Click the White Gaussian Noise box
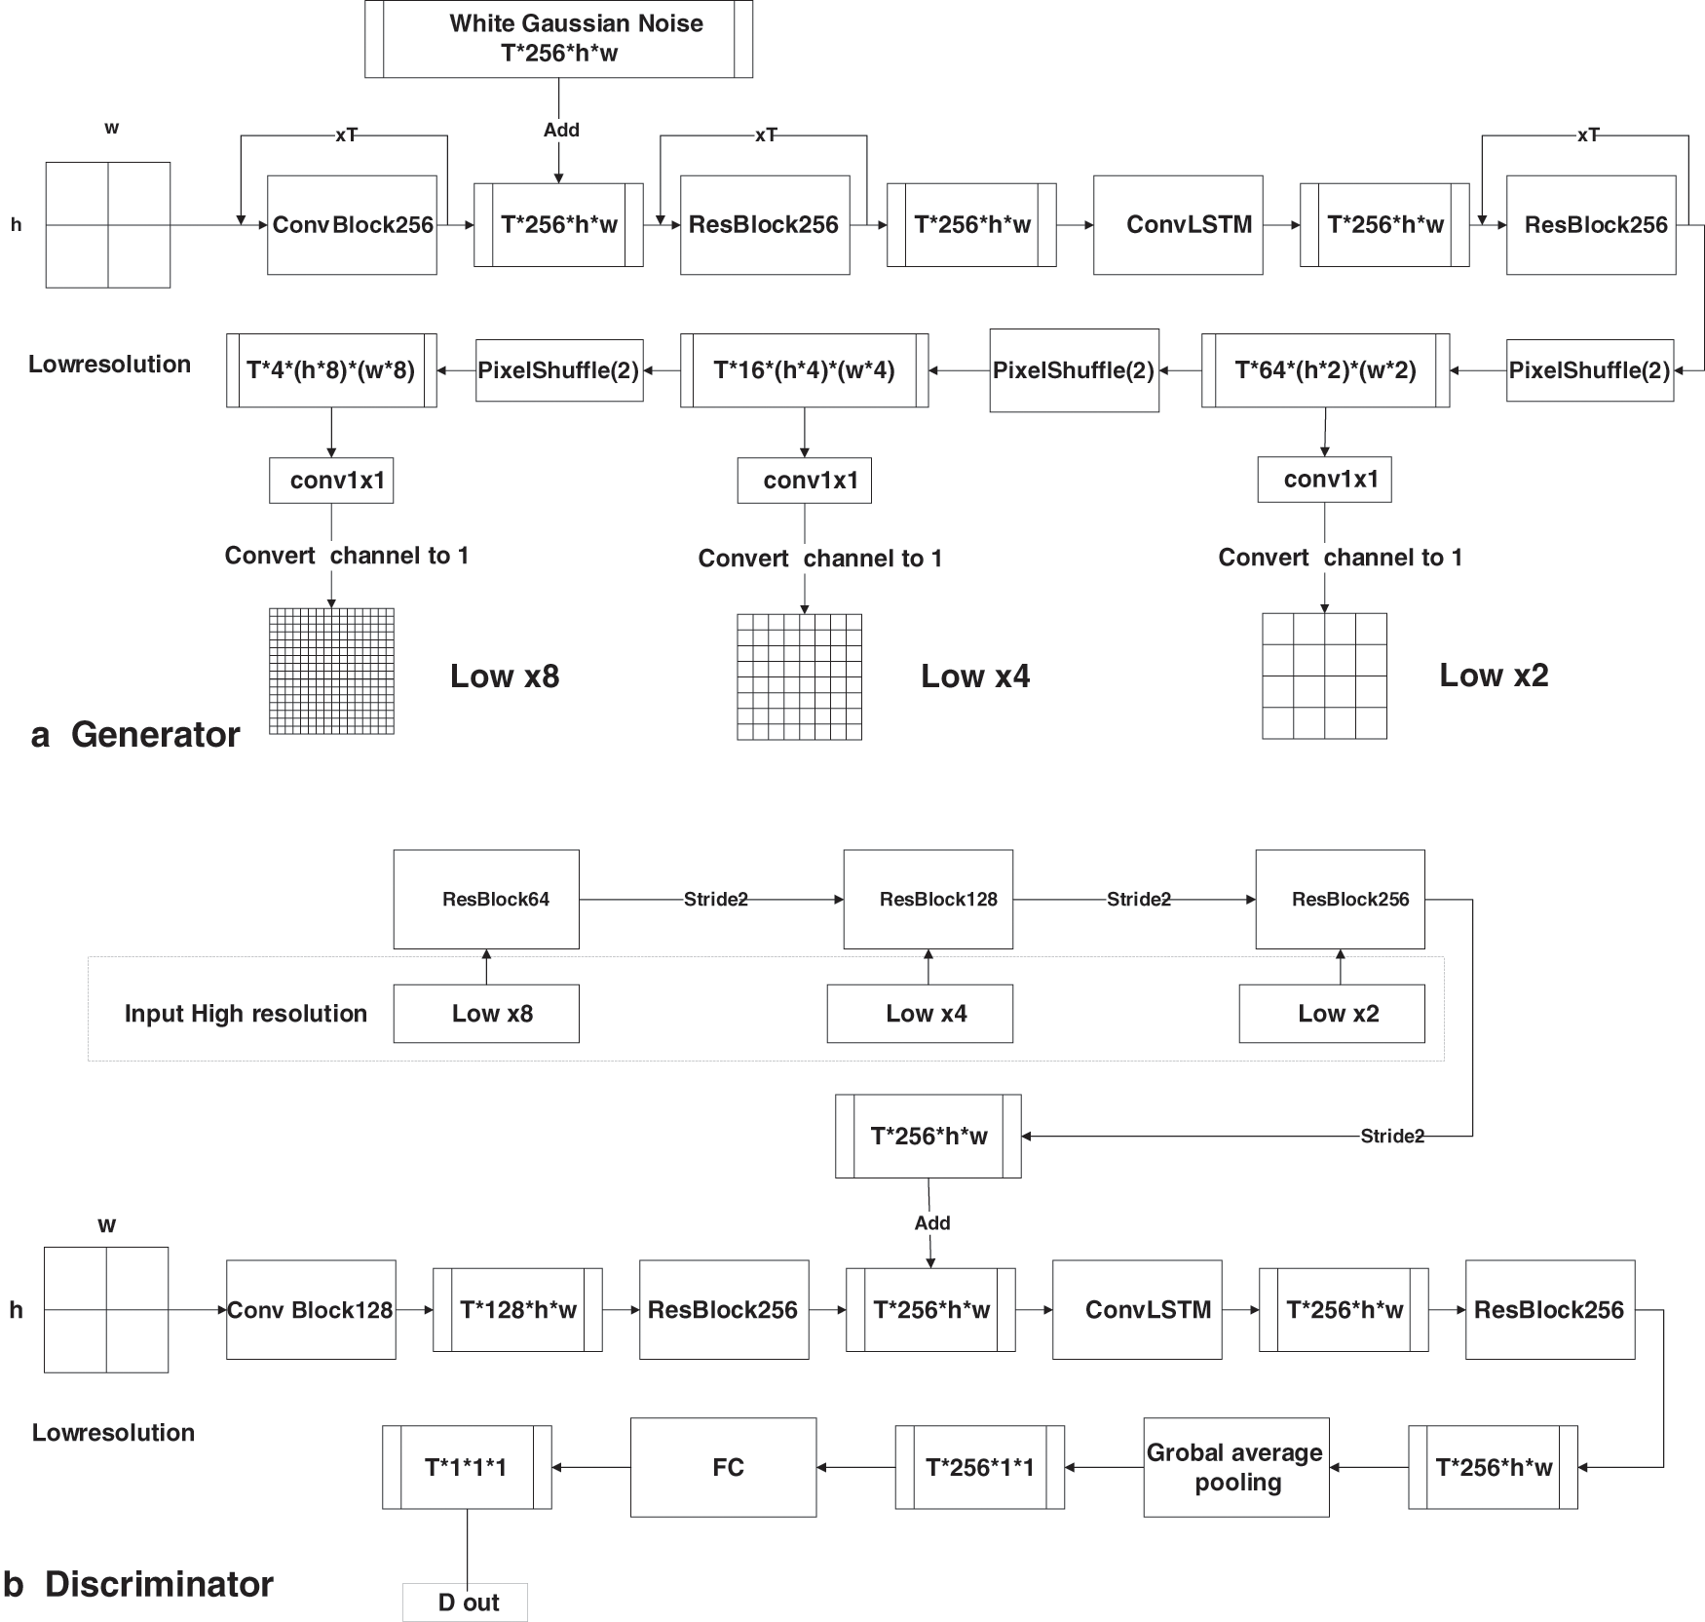(558, 39)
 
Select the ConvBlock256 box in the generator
(352, 225)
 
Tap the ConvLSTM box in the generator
(1178, 225)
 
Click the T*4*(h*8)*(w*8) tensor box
(331, 370)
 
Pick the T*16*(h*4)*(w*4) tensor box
(804, 370)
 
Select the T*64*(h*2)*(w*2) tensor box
(1325, 370)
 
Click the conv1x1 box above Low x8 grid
(331, 481)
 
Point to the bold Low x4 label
(975, 676)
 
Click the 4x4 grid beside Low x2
(1324, 676)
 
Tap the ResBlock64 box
(486, 899)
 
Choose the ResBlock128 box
(928, 899)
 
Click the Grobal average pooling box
(1235, 1467)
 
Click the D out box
(466, 1603)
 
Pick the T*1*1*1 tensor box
(467, 1467)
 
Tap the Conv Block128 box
(311, 1310)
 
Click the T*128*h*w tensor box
(517, 1310)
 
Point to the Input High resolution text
(246, 1014)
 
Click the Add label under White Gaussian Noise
(561, 130)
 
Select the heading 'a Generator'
(135, 735)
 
